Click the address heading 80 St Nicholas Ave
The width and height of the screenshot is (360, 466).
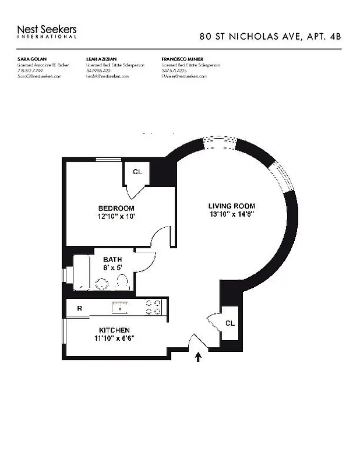270,36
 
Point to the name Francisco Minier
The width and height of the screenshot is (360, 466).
182,59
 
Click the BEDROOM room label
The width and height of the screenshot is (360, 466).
116,208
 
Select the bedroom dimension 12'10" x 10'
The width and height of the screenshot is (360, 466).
116,217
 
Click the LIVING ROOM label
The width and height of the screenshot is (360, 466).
231,206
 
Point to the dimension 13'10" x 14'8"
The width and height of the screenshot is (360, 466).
231,214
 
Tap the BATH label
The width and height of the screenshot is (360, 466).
112,260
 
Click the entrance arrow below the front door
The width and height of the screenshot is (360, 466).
199,356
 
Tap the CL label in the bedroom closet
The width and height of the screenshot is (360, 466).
137,172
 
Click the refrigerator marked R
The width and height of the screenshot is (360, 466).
79,308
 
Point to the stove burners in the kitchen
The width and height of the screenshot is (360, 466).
153,307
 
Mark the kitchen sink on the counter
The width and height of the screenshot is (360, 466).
120,307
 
